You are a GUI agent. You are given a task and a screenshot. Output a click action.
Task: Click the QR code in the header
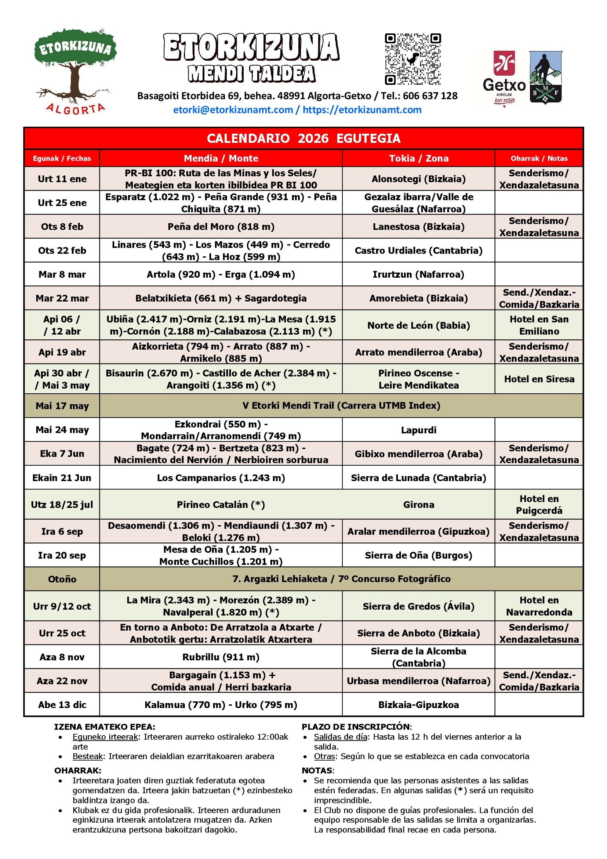tap(412, 59)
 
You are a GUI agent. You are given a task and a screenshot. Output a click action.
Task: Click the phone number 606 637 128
tap(430, 96)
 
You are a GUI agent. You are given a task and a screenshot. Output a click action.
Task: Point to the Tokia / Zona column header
tap(419, 158)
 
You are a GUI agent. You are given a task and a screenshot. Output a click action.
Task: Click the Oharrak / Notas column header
tap(539, 158)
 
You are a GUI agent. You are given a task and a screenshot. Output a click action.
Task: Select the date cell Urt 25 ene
tap(62, 203)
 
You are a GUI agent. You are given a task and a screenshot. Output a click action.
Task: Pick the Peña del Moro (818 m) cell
tap(221, 227)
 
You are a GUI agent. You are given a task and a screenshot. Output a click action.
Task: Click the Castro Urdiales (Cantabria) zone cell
tap(419, 251)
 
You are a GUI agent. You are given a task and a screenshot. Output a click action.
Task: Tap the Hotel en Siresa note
tap(539, 379)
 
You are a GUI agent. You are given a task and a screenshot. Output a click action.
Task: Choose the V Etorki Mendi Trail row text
tap(341, 406)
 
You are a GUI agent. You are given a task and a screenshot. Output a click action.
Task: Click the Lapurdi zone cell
tap(419, 430)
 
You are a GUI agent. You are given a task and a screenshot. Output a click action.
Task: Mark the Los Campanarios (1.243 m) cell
tap(221, 478)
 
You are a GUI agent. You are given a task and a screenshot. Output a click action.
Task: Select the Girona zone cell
tap(419, 505)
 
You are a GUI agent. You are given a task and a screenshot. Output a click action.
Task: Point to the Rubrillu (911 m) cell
tap(221, 657)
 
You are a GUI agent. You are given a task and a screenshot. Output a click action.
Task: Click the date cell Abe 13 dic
tap(62, 705)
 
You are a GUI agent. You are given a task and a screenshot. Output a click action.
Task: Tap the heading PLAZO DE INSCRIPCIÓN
tap(356, 727)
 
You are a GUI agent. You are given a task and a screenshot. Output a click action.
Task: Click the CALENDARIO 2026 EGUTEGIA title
tap(303, 138)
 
